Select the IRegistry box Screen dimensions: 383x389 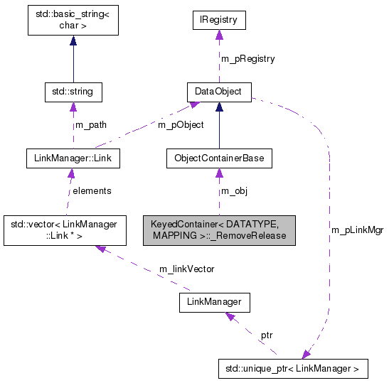(219, 21)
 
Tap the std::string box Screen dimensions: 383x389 (73, 92)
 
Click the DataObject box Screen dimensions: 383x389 (219, 92)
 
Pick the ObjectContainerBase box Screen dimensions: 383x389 (219, 158)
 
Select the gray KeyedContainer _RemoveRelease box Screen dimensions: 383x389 (219, 230)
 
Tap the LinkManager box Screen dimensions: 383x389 (214, 302)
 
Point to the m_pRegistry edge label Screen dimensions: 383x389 (247, 58)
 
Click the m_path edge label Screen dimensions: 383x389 (90, 125)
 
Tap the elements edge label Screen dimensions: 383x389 (92, 191)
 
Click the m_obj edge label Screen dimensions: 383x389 (235, 191)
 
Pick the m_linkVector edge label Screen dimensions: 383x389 (186, 269)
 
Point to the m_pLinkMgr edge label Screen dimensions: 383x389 (357, 230)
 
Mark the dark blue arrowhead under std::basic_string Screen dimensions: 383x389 (73, 41)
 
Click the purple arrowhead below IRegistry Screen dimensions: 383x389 (219, 36)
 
